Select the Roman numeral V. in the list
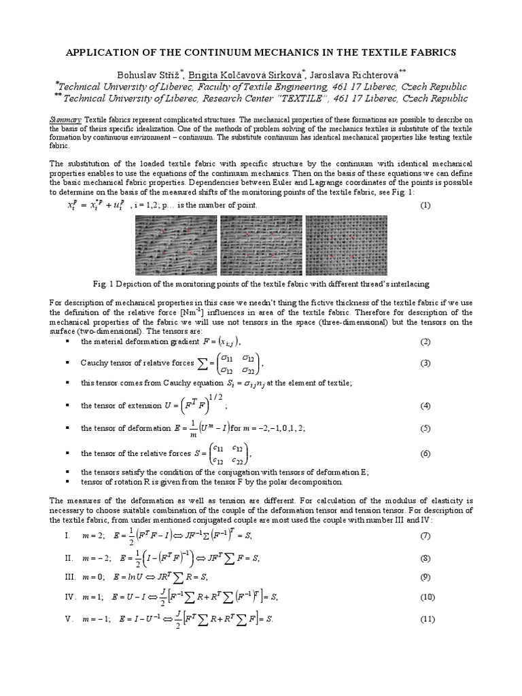68,619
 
